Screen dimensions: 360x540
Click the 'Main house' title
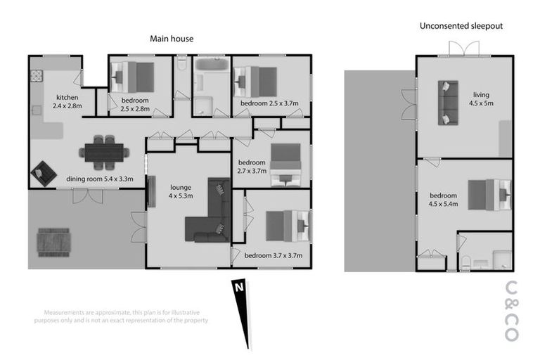coord(172,39)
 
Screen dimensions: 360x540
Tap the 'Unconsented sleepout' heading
coord(461,26)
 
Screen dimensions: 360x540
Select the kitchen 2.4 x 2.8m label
coord(67,102)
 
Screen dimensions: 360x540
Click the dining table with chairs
coord(104,151)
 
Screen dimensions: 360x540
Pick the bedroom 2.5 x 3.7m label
coord(269,104)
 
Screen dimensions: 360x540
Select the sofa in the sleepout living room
coord(446,103)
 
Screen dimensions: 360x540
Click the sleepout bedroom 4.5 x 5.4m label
coord(444,200)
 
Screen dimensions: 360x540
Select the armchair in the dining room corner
coord(44,172)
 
